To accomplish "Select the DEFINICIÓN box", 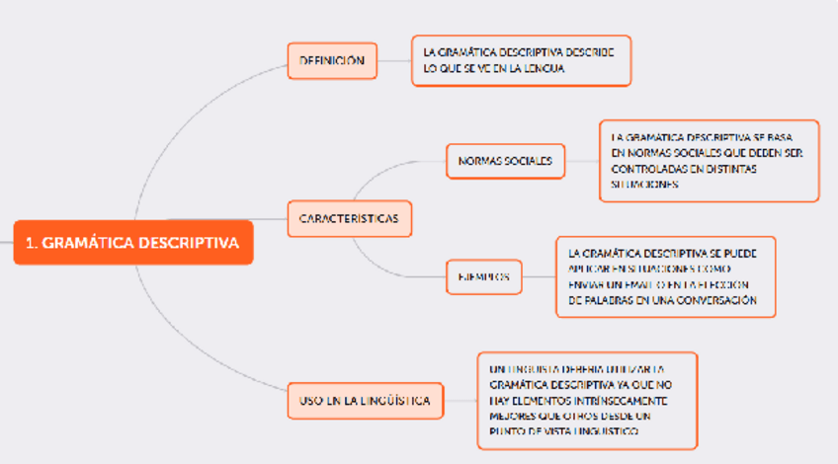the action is pos(332,61).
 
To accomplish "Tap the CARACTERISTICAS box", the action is pos(349,218).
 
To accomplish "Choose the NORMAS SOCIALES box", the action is pos(505,160).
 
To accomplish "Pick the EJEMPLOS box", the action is pos(483,277).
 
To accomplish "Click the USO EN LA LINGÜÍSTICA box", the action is pos(365,401).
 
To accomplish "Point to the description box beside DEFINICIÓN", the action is pos(521,60).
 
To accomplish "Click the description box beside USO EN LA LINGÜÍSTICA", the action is pos(587,401).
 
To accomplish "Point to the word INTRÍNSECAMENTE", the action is pos(620,401).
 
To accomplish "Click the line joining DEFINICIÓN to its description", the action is pos(394,61).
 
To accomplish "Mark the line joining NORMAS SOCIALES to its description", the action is pos(582,160).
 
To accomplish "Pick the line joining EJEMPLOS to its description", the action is pos(539,277).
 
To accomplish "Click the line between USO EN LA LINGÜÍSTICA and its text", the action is pos(461,401).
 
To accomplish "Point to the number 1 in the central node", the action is pos(31,243).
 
